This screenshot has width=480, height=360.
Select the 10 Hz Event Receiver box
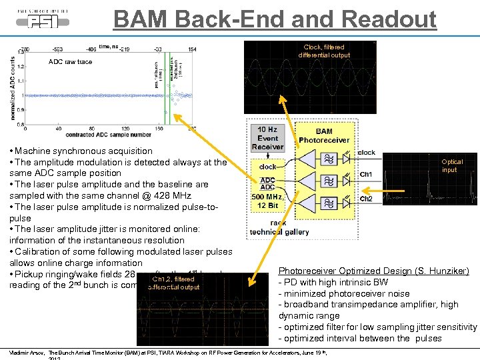pos(267,138)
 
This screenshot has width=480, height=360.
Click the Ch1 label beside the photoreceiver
pos(366,175)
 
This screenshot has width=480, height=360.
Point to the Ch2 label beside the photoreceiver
pos(366,199)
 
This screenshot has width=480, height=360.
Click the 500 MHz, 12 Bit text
pos(267,201)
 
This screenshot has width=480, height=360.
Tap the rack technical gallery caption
pos(279,227)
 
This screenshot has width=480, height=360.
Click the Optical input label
pos(452,165)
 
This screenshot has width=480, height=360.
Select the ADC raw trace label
pos(71,62)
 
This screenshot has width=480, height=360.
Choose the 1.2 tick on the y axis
pos(22,66)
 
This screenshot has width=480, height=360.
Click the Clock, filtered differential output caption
pos(323,51)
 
